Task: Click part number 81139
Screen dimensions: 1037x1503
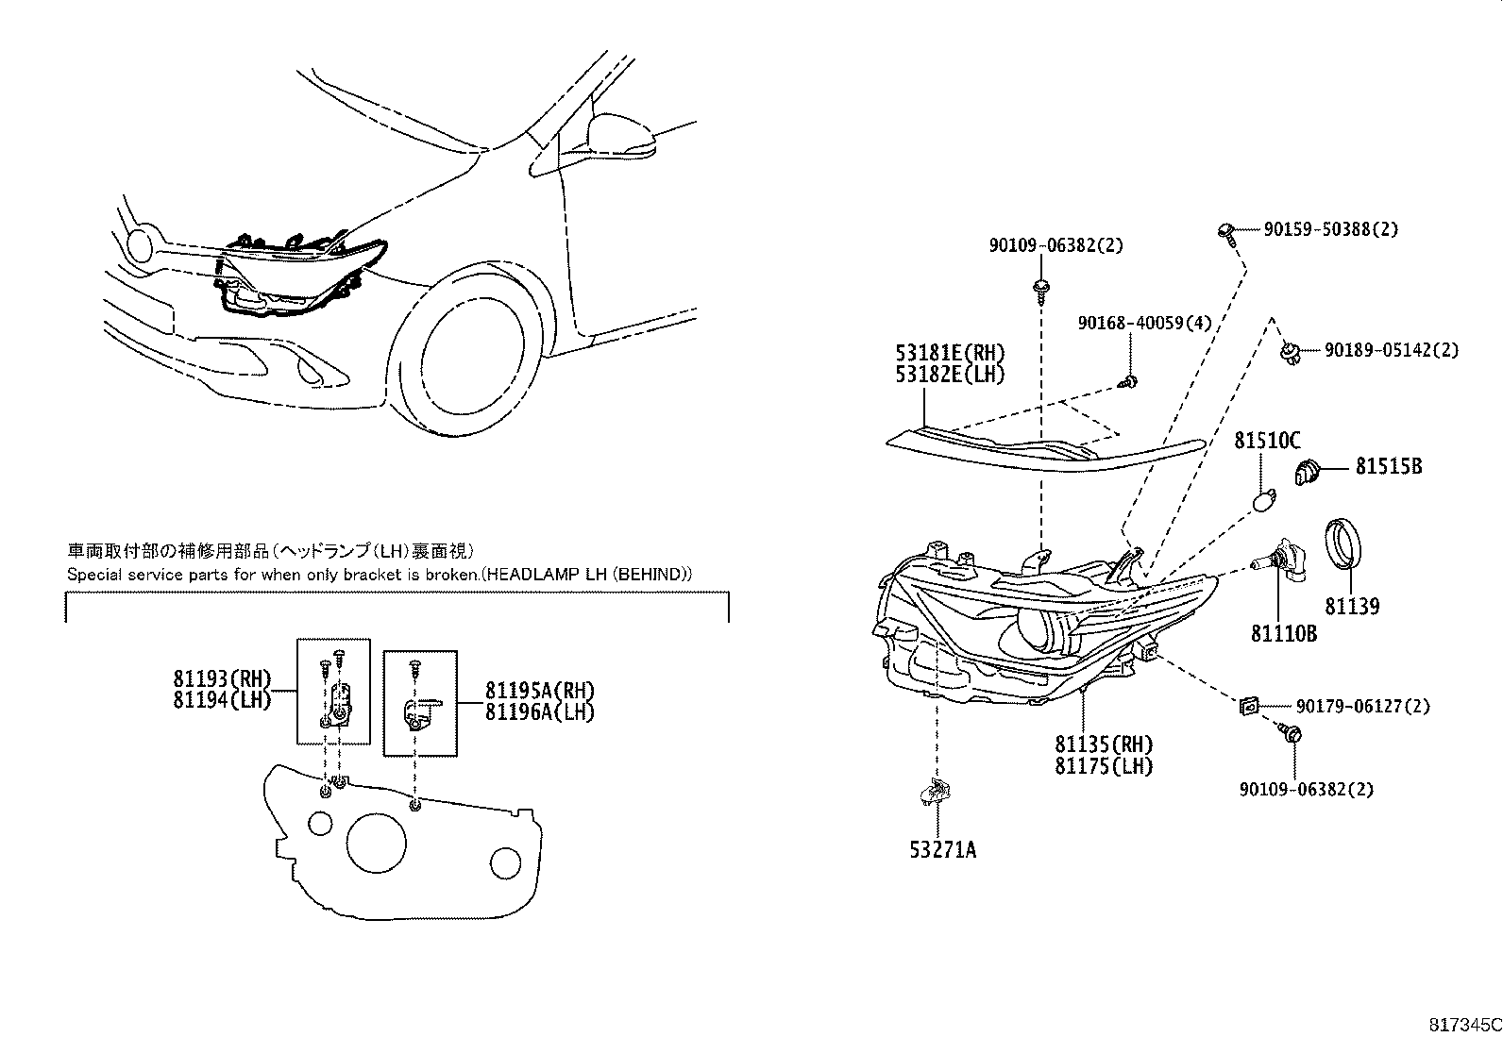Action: pyautogui.click(x=1351, y=606)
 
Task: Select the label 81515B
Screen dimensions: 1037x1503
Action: pyautogui.click(x=1389, y=466)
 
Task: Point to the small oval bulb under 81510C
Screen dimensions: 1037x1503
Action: pyautogui.click(x=1265, y=499)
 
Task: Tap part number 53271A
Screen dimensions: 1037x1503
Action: pyautogui.click(x=942, y=850)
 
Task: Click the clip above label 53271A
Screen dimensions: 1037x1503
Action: pyautogui.click(x=936, y=792)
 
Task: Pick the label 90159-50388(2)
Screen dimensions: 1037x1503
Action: pyautogui.click(x=1330, y=229)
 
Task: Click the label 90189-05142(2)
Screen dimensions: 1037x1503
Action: pyautogui.click(x=1390, y=350)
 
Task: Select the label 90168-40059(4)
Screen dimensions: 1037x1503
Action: pyautogui.click(x=1144, y=323)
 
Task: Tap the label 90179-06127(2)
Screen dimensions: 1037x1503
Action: pyautogui.click(x=1361, y=706)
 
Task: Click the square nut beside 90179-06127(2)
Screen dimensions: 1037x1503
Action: pyautogui.click(x=1248, y=705)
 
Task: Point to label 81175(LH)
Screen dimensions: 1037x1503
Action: pyautogui.click(x=1104, y=766)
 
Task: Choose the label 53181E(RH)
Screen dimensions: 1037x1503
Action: pyautogui.click(x=950, y=353)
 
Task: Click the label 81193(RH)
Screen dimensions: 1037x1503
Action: pyautogui.click(x=222, y=678)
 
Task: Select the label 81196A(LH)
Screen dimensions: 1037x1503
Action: pyautogui.click(x=540, y=712)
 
